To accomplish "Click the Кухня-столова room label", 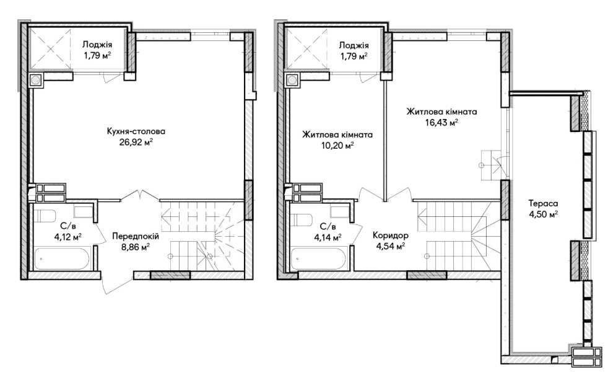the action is (136, 131).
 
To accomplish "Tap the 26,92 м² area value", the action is (136, 142).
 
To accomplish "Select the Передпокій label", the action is (136, 236).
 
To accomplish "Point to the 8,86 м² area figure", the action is (136, 247).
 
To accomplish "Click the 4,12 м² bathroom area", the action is (68, 236).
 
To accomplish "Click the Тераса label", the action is (544, 204).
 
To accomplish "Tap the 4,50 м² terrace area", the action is (544, 214).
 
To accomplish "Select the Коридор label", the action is (391, 236).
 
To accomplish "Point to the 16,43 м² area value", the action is (441, 122).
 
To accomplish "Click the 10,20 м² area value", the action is (337, 146).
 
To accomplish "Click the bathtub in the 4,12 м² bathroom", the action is (62, 258).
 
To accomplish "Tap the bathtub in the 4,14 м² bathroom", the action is (319, 258).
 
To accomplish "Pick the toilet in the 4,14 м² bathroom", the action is (301, 219).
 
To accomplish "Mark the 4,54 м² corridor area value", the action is (391, 247).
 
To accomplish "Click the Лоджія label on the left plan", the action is (97, 45).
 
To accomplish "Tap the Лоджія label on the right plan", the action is (354, 45).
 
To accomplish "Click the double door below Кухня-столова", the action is (140, 195).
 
